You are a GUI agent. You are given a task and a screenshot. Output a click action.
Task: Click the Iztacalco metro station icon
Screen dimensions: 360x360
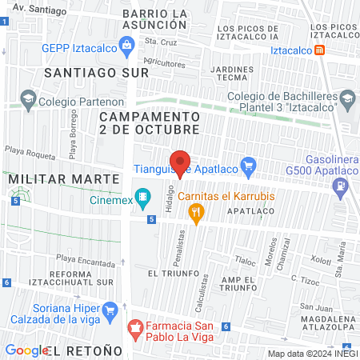320,50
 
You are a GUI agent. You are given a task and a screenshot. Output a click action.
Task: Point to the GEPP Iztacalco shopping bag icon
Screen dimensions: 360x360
127,46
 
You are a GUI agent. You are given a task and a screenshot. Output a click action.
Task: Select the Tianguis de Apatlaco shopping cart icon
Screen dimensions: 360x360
248,168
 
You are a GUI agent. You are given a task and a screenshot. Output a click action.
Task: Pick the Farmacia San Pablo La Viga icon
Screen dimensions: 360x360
136,326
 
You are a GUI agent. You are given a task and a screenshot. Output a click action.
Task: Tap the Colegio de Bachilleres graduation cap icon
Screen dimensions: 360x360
347,102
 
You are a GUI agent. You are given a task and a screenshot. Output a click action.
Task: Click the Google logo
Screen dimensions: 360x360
27,350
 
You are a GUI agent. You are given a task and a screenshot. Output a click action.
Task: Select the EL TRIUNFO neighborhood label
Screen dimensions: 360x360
167,273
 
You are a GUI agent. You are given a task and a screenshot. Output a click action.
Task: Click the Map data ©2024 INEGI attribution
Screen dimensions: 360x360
311,354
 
